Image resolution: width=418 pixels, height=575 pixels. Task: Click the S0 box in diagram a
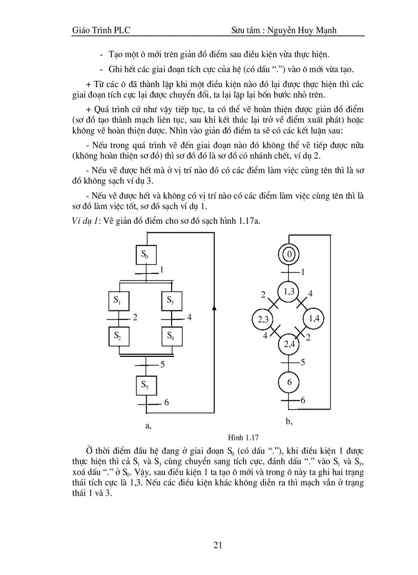(145, 254)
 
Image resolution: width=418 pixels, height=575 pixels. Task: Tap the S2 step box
(118, 336)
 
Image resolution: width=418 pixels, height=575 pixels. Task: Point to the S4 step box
(171, 336)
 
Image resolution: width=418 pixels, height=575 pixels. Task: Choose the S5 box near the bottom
(145, 385)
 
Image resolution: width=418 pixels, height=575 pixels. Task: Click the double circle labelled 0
(289, 254)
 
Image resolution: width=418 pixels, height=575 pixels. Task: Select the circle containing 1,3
(289, 291)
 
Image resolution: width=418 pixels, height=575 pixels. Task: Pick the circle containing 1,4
(314, 319)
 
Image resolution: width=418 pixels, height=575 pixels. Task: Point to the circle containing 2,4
(289, 344)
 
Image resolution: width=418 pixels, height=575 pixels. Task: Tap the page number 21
(217, 545)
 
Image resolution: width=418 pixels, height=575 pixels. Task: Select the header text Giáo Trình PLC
(101, 30)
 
